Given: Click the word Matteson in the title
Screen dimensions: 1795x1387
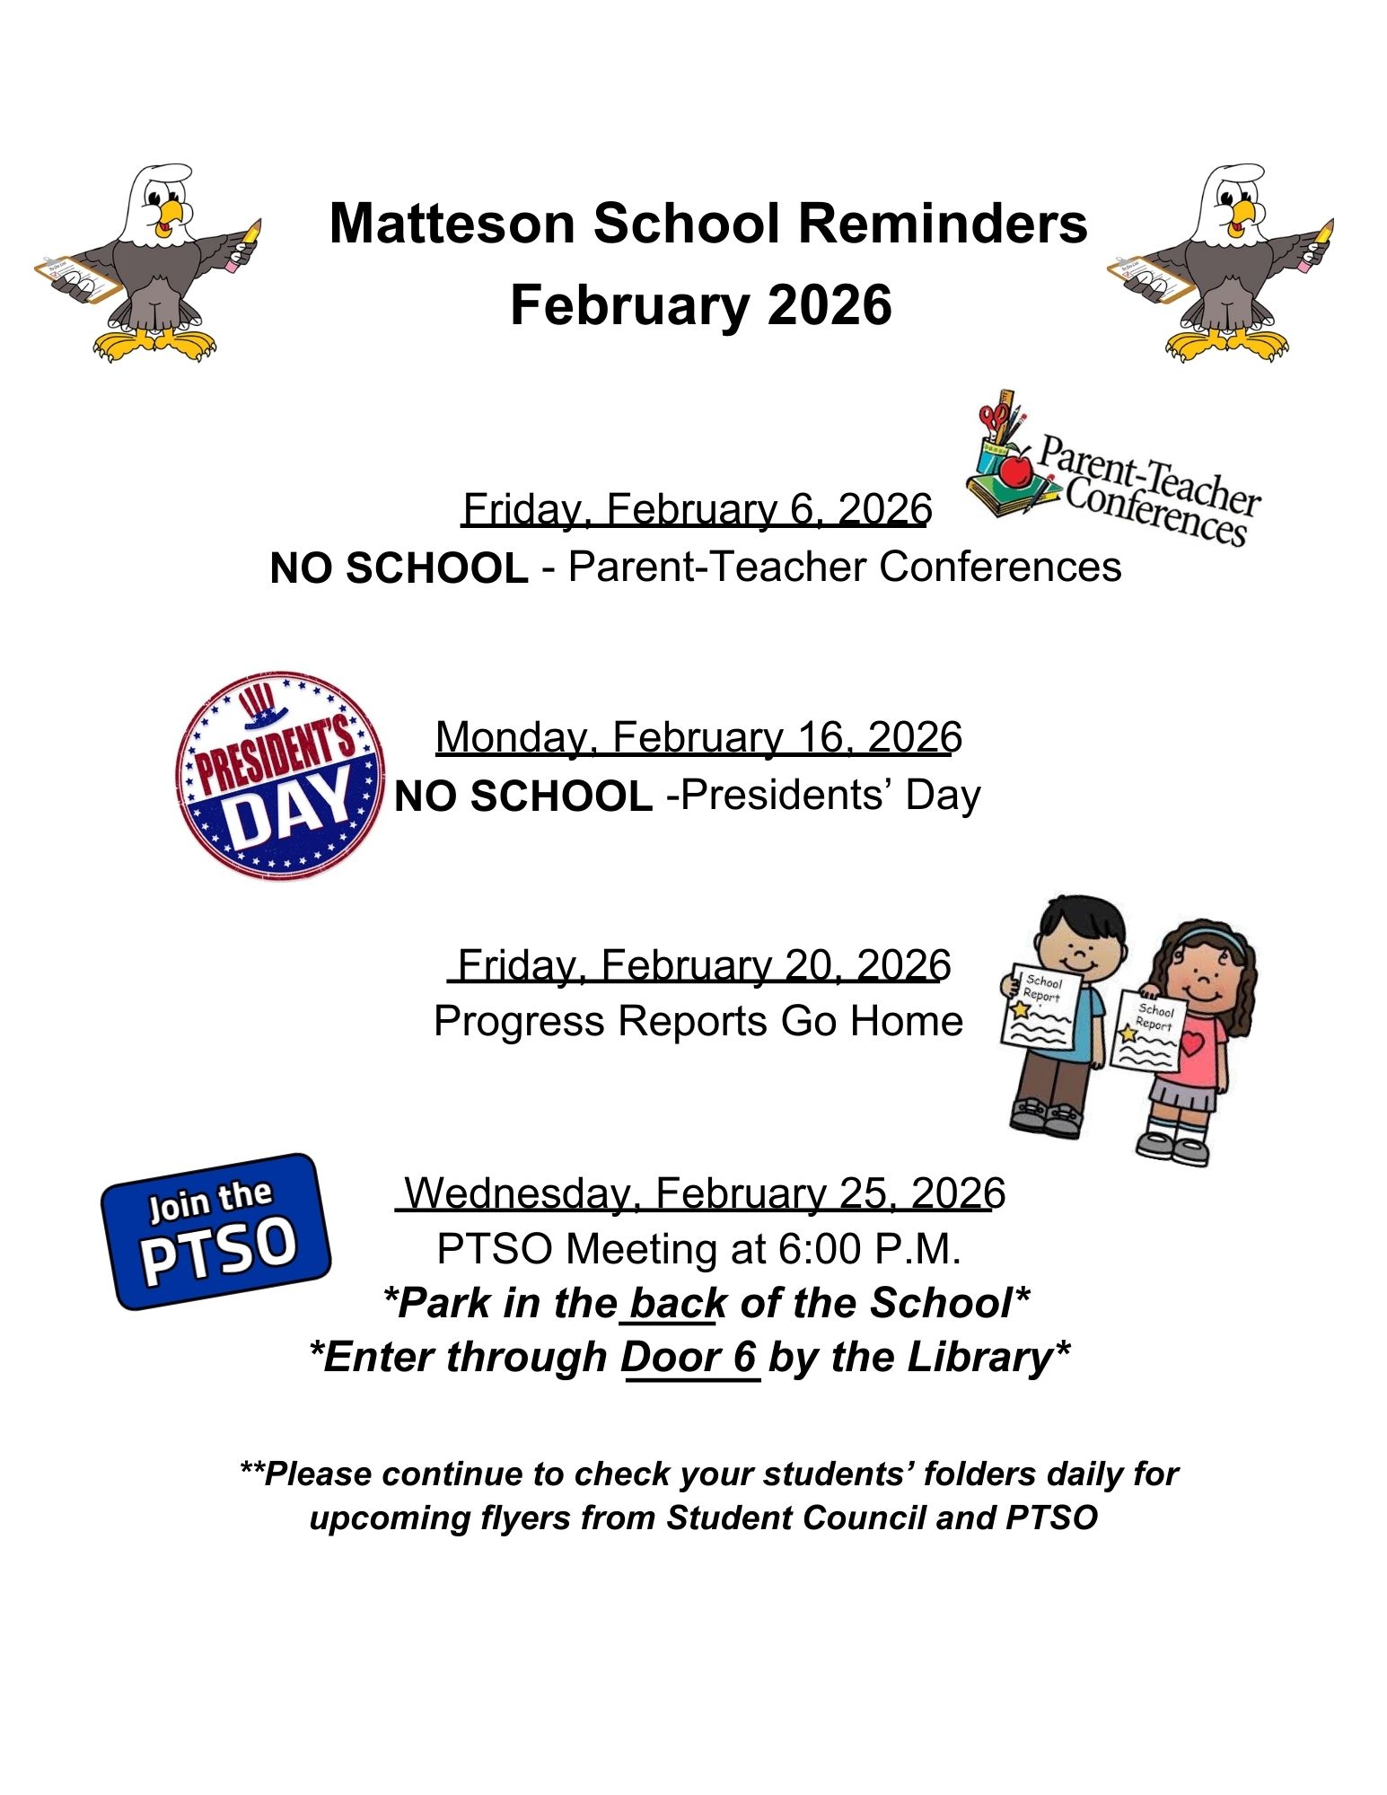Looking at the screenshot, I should tap(452, 224).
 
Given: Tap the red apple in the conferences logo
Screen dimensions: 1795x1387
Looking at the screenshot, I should tap(1015, 470).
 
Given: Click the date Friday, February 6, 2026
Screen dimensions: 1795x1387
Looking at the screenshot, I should tap(697, 510).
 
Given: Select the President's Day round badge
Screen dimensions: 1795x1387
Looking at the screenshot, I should tap(280, 774).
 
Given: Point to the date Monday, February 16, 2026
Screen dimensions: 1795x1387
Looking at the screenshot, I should tap(698, 738).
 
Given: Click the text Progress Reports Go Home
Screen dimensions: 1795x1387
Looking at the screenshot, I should tap(698, 1022).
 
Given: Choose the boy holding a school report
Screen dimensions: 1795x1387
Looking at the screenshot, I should tap(1061, 1015).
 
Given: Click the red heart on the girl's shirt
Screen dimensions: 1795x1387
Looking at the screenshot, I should tap(1192, 1043).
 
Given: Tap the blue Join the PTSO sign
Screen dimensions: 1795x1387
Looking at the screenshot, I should tap(216, 1231).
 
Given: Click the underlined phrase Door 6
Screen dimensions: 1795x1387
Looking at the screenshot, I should tap(690, 1358).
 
